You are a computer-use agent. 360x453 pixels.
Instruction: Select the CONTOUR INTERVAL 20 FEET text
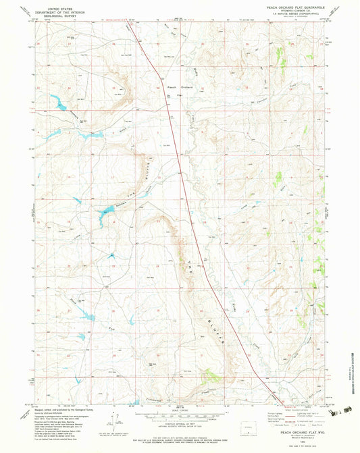click(178, 419)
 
